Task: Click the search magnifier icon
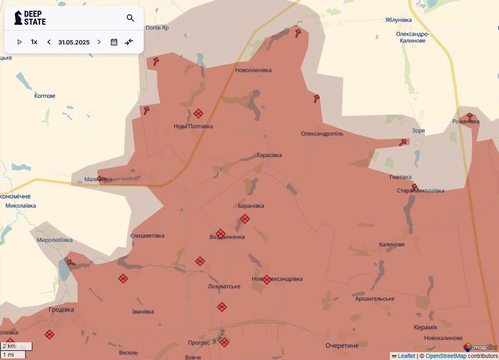click(131, 18)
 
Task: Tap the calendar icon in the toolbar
click(114, 42)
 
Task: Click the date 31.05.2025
click(74, 42)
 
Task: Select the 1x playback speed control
click(34, 42)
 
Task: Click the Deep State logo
click(30, 18)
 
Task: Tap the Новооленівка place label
click(253, 70)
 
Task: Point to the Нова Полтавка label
click(193, 126)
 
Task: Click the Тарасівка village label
click(269, 155)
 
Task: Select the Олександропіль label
click(322, 134)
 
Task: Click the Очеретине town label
click(342, 346)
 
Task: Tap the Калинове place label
click(392, 244)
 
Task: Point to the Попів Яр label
click(157, 28)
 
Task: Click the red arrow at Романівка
click(469, 117)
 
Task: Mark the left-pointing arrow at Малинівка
click(101, 179)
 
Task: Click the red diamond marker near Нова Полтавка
click(198, 114)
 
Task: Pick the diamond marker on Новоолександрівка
click(267, 280)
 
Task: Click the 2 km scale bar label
click(9, 346)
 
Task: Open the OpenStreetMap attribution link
click(446, 356)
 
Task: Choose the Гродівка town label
click(61, 309)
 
